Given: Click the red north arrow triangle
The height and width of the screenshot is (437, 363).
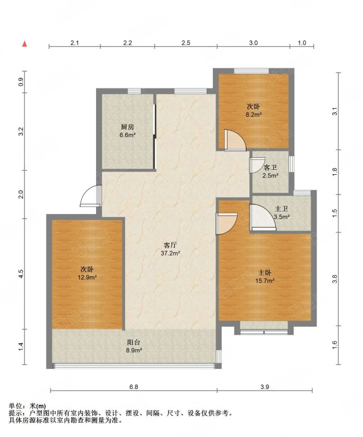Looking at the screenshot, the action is (x=25, y=44).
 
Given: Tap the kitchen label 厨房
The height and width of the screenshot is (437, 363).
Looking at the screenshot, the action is (x=127, y=127).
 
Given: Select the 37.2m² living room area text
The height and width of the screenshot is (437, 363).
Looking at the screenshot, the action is (x=170, y=253).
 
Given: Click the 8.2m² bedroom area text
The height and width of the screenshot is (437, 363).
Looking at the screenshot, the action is (x=254, y=114).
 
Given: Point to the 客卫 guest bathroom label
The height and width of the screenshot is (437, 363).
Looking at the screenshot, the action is (x=270, y=168).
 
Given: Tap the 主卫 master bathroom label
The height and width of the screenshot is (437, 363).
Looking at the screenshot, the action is (x=281, y=209).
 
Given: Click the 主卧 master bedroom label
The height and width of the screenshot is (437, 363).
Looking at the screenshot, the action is (x=265, y=273).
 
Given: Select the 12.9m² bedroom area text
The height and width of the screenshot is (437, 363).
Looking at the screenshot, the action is (x=87, y=277).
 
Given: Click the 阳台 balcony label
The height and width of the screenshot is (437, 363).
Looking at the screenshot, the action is (x=134, y=342).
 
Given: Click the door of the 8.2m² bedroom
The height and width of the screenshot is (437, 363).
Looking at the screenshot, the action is (x=235, y=140).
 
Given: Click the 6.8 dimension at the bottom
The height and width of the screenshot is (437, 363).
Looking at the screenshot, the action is (x=134, y=387).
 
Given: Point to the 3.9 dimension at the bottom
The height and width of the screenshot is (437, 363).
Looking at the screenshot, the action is (x=265, y=387).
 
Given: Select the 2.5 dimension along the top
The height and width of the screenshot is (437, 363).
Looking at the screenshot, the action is (x=186, y=43).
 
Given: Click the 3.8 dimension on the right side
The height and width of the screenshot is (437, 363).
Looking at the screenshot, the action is (x=335, y=279).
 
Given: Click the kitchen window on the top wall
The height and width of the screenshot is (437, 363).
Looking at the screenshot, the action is (x=134, y=91).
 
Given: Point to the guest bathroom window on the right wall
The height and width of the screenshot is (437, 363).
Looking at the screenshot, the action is (x=291, y=164).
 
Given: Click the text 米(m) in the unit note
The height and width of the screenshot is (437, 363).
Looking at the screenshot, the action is (x=38, y=406).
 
